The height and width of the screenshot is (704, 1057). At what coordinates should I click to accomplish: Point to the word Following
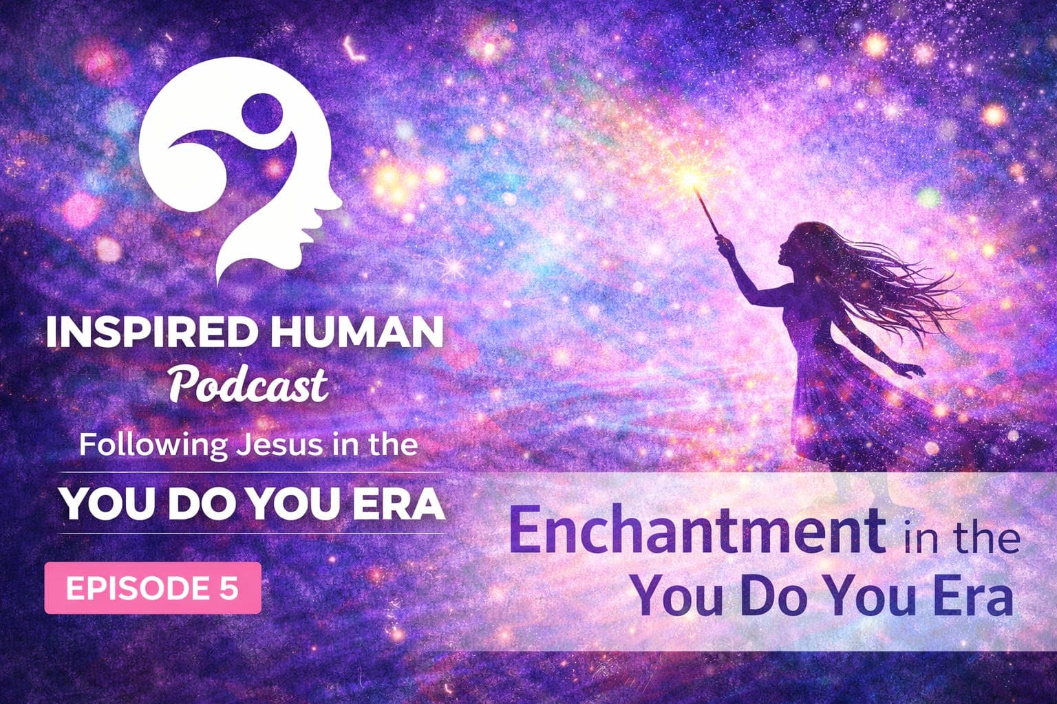click(x=152, y=445)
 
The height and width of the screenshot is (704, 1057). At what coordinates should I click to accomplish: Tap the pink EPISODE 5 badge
click(x=153, y=588)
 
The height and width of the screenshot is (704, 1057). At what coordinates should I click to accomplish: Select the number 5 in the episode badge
click(x=228, y=588)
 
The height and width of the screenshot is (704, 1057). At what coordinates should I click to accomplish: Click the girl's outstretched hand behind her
click(x=915, y=371)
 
